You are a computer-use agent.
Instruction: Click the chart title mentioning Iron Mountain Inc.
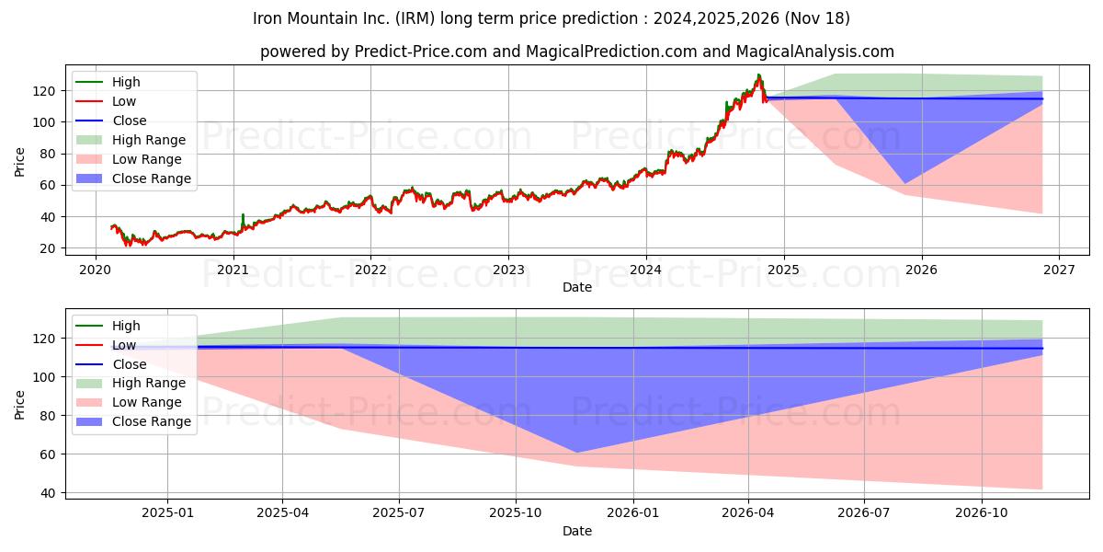coord(551,18)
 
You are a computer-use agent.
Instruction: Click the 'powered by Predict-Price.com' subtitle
coord(576,52)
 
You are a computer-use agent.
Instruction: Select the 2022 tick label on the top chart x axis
coord(370,269)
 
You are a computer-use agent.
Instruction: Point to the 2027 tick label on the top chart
coord(1059,269)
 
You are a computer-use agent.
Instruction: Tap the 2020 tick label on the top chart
coord(96,269)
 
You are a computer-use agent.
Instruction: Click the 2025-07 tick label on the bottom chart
coord(399,512)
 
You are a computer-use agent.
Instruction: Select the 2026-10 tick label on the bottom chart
coord(982,512)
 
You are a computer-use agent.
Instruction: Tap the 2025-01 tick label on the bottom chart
coord(167,512)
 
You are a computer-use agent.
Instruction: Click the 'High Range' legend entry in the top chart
coord(149,140)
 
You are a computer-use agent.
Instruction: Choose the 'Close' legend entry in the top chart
coord(129,121)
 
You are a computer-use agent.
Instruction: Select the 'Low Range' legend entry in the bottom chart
coord(147,402)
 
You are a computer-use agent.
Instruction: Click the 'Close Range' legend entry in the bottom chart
coord(152,421)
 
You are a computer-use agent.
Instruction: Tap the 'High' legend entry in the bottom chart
coord(126,326)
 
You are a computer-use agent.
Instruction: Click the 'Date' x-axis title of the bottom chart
coord(576,531)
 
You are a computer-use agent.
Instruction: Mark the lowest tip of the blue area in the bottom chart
coord(576,452)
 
